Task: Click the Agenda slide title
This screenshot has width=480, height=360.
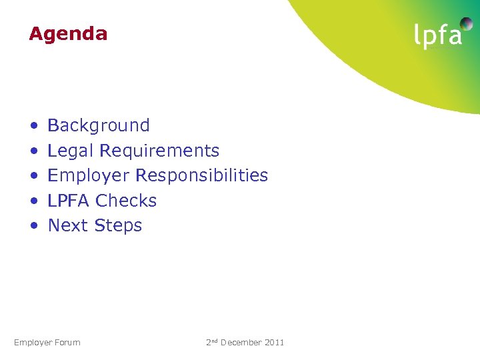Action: tap(68, 34)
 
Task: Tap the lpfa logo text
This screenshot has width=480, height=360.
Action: tap(438, 36)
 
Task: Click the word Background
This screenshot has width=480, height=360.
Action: tap(99, 125)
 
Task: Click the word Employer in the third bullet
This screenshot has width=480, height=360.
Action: tap(89, 176)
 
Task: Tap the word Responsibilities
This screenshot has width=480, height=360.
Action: tap(202, 175)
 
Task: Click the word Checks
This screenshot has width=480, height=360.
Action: tap(126, 201)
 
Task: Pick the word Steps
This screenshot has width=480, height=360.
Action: tap(118, 226)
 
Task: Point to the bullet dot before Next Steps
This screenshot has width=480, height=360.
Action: tap(33, 227)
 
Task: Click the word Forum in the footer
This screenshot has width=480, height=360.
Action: tap(67, 343)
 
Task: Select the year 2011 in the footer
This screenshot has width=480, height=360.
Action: tap(275, 343)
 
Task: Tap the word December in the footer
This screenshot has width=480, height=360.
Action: tap(241, 343)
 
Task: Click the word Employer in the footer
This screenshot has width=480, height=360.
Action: tap(33, 343)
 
